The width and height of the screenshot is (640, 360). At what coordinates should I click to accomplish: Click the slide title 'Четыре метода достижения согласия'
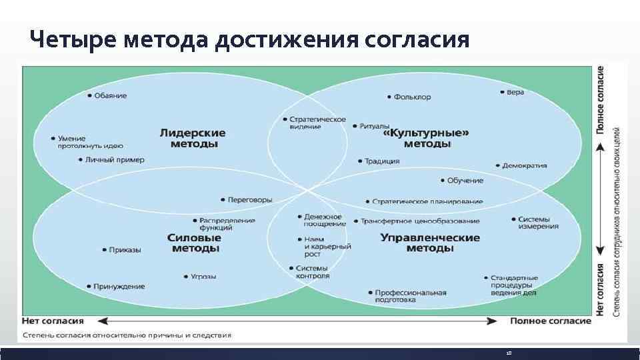pos(249,40)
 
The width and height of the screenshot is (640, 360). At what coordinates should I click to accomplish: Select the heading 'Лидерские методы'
pos(192,138)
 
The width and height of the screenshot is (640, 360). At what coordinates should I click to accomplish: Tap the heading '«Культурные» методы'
pos(427,138)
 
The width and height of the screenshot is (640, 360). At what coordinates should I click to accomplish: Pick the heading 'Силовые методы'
pos(195,243)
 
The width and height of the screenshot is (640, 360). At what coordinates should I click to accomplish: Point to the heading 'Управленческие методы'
pos(429,243)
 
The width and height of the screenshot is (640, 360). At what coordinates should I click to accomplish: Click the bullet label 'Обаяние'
pos(111,95)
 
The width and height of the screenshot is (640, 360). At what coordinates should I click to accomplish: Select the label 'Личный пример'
pos(115,160)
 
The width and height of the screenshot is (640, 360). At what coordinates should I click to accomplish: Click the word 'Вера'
pos(515,92)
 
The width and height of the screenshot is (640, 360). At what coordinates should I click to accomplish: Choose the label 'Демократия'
pos(524,165)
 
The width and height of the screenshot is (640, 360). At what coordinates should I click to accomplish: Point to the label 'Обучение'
pos(465,181)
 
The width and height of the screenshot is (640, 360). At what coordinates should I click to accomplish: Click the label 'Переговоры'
pos(249,199)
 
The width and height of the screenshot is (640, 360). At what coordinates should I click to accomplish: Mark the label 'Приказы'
pos(125,250)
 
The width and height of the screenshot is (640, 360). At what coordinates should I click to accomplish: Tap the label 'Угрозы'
pos(203,276)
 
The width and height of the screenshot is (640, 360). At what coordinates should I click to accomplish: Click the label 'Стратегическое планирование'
pos(427,201)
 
